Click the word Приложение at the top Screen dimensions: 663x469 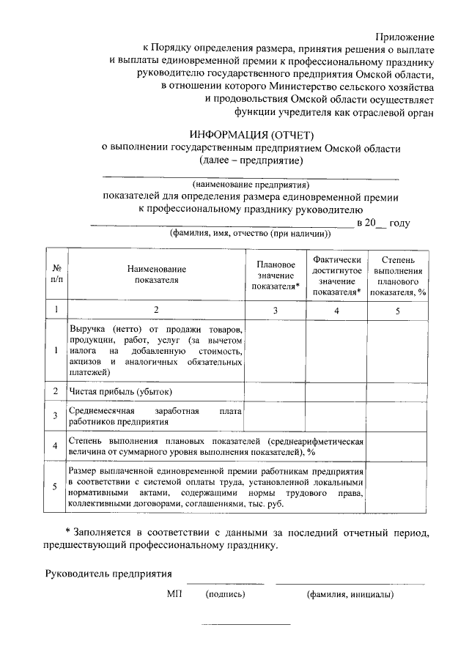405,36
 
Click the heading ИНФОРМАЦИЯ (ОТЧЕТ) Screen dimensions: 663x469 251,135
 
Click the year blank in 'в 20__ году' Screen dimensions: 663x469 380,223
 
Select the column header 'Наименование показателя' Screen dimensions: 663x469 155,274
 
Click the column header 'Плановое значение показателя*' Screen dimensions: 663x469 276,275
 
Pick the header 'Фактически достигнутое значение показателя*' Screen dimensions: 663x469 336,275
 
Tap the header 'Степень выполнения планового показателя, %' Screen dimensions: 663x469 398,275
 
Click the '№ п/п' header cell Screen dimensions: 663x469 56,274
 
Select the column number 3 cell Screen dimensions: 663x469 276,311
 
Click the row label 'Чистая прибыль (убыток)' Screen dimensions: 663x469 120,391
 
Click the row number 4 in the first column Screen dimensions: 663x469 56,446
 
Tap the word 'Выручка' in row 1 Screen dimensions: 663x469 88,329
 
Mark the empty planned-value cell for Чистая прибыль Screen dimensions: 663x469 276,391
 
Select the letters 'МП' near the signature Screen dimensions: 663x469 174,594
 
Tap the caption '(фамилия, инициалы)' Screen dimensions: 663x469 350,594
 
